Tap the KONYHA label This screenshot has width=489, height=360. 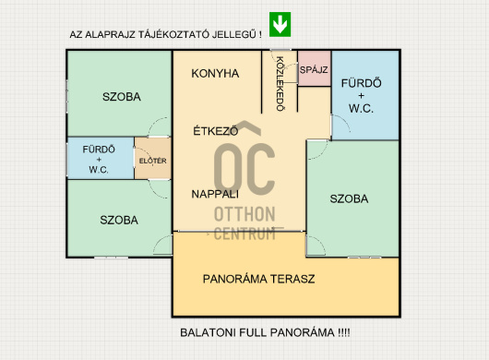point(215,73)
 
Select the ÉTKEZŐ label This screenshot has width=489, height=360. point(216,131)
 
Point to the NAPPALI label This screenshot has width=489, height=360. point(215,194)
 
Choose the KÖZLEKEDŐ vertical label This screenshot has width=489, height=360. point(280,84)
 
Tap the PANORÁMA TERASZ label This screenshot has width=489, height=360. point(259,278)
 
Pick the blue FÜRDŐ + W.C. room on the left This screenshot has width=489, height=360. point(99,159)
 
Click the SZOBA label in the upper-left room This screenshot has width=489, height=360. point(121,97)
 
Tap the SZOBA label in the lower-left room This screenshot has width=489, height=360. point(120,220)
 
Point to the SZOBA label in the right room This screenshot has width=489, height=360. point(349,198)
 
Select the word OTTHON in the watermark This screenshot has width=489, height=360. point(244,215)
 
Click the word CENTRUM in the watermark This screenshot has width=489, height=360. point(244,234)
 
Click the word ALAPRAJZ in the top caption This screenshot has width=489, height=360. point(109,34)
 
